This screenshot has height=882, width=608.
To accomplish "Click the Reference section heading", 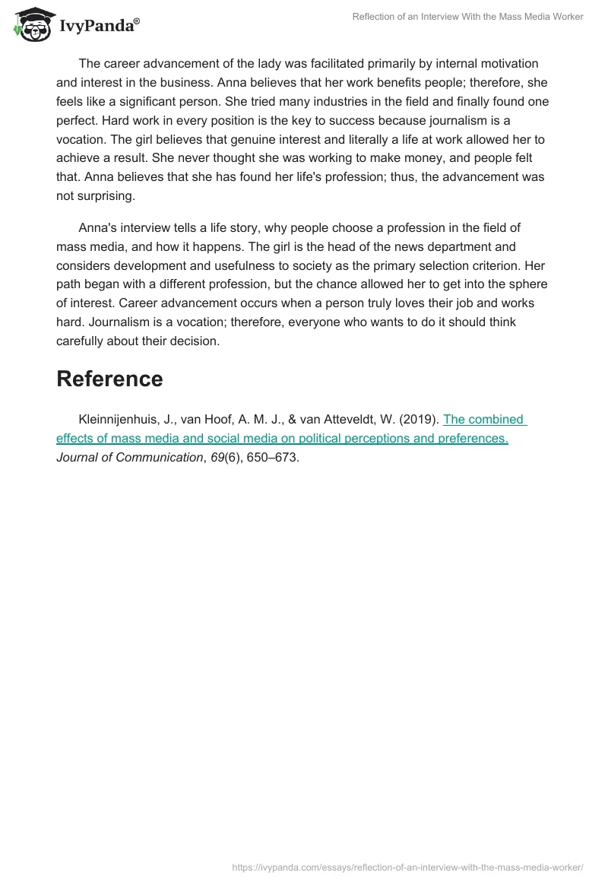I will click(109, 379).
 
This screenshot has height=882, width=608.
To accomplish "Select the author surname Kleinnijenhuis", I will click(121, 419).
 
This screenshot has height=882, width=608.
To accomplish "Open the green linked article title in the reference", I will click(281, 438).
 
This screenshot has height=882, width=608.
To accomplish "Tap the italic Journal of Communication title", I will click(129, 457).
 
